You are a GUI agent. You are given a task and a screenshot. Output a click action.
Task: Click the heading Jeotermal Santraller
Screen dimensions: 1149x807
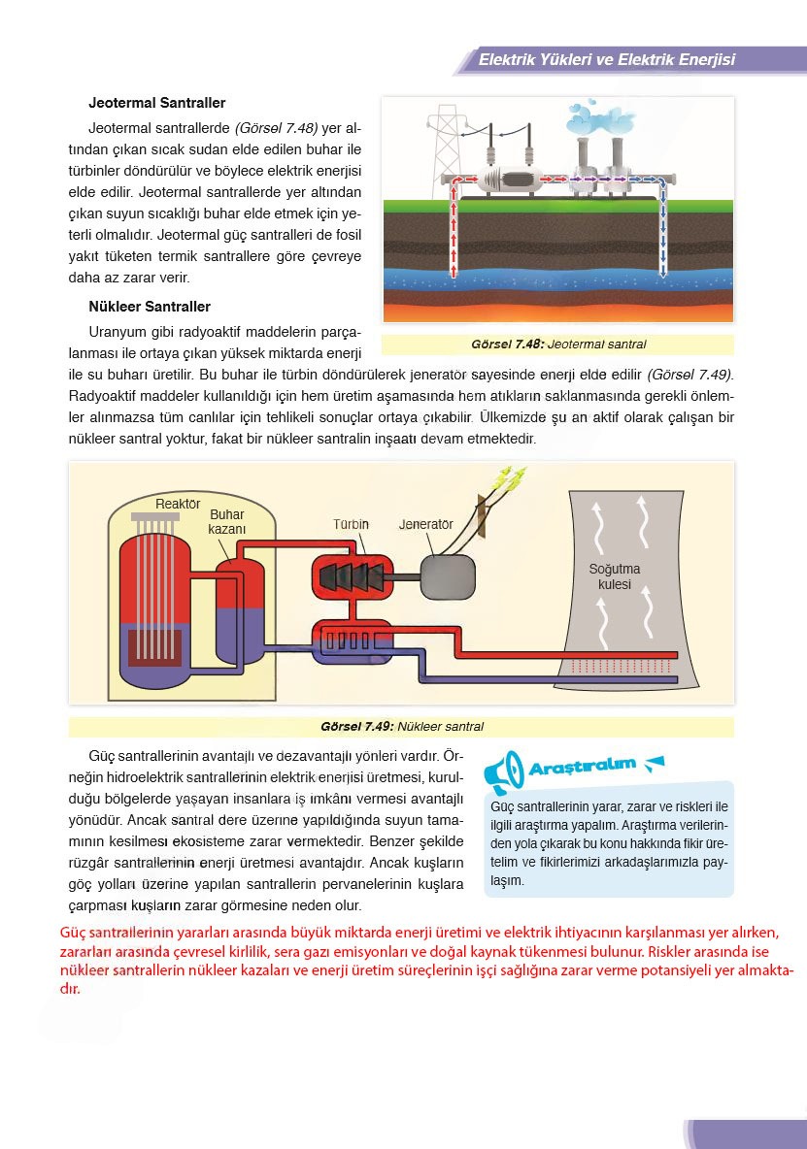pyautogui.click(x=156, y=102)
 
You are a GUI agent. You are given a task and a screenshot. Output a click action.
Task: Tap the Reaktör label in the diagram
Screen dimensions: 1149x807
pyautogui.click(x=178, y=504)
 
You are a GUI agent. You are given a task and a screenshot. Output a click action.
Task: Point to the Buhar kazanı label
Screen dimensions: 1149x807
pyautogui.click(x=227, y=522)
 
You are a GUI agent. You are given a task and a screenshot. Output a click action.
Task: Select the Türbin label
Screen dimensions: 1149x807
pyautogui.click(x=351, y=524)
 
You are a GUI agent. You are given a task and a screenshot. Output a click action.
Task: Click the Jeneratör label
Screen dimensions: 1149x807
pyautogui.click(x=426, y=524)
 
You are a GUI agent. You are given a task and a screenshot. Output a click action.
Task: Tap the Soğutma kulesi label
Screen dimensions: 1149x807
pyautogui.click(x=615, y=576)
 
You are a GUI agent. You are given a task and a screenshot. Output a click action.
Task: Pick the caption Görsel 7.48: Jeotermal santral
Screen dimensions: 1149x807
pyautogui.click(x=557, y=345)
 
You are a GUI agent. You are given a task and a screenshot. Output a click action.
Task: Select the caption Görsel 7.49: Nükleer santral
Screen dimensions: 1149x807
pyautogui.click(x=401, y=727)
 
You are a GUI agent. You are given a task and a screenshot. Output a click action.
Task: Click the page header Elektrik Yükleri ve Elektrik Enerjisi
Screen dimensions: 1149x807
pyautogui.click(x=607, y=60)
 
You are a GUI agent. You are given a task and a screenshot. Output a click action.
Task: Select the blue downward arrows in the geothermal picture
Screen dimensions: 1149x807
pyautogui.click(x=663, y=233)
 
